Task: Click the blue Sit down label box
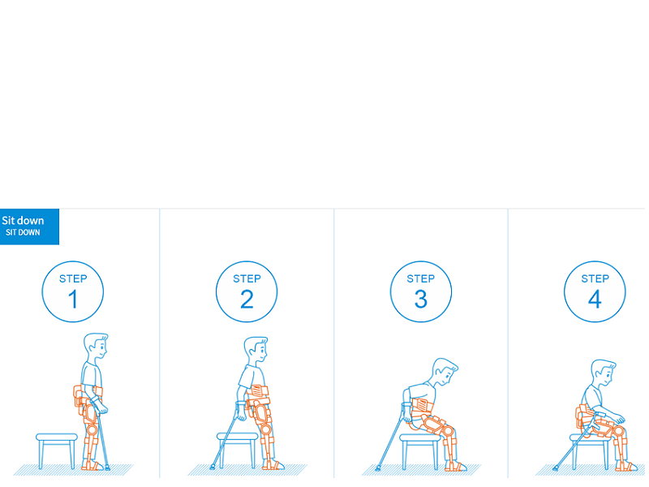click(29, 226)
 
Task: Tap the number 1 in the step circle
click(73, 299)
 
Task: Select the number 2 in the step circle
click(247, 299)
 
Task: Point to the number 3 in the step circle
click(421, 299)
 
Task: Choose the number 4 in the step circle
click(595, 299)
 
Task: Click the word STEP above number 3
click(421, 278)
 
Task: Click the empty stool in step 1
click(57, 450)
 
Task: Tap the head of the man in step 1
click(96, 348)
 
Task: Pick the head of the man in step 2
click(256, 351)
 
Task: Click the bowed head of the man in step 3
click(445, 373)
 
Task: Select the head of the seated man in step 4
click(604, 374)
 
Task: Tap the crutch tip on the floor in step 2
click(213, 468)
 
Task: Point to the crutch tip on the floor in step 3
click(378, 468)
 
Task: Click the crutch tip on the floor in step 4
click(555, 468)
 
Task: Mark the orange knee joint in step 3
click(447, 431)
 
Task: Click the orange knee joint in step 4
click(619, 432)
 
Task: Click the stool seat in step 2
click(237, 437)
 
